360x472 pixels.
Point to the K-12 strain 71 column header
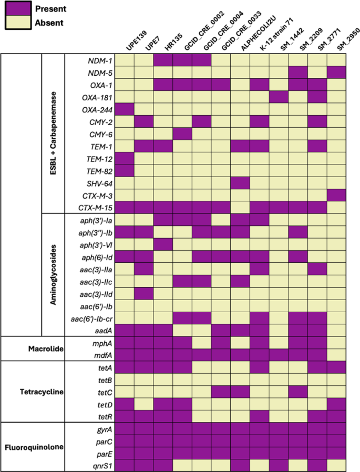click(x=271, y=37)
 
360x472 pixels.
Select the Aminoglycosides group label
click(x=54, y=274)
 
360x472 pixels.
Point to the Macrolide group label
click(x=44, y=348)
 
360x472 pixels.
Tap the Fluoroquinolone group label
click(x=35, y=447)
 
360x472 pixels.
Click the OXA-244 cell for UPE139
click(x=125, y=109)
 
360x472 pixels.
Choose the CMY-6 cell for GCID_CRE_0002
click(x=183, y=134)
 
